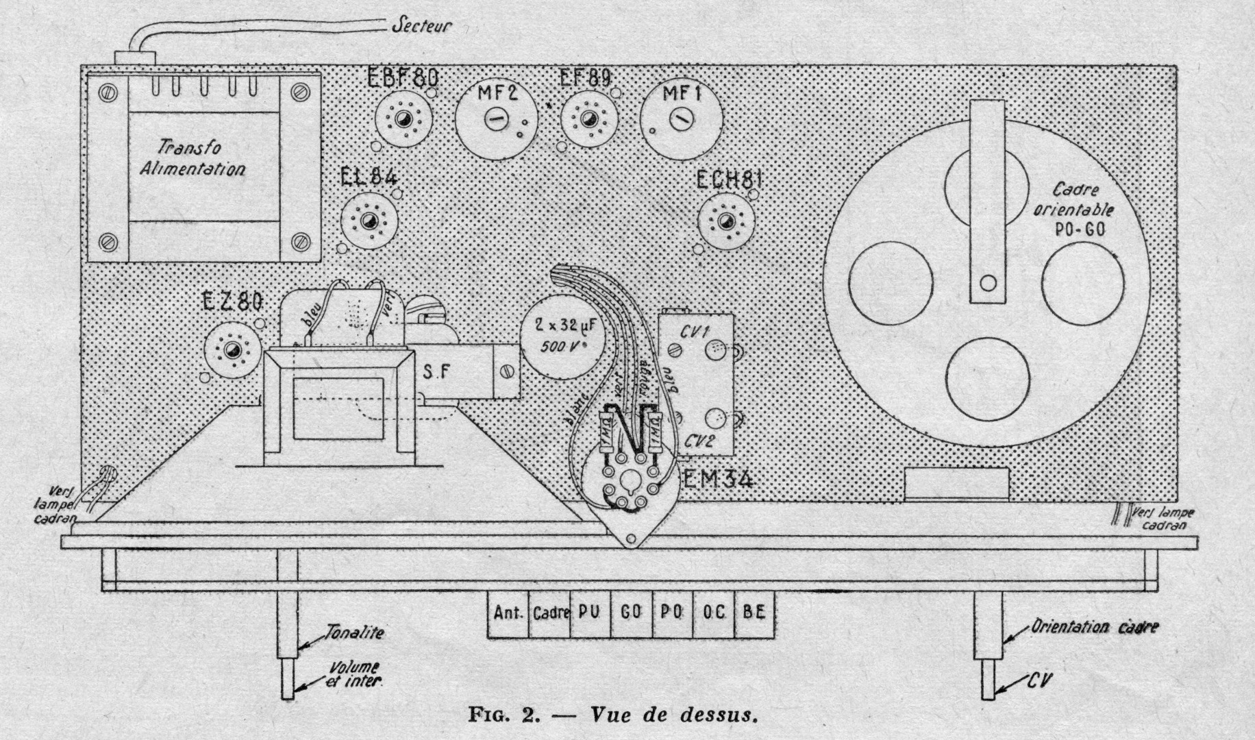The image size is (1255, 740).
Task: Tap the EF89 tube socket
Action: pyautogui.click(x=588, y=120)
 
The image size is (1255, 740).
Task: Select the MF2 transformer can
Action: pyautogui.click(x=495, y=119)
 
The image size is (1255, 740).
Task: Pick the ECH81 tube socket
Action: pyautogui.click(x=726, y=221)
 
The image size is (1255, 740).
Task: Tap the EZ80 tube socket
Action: pyautogui.click(x=233, y=349)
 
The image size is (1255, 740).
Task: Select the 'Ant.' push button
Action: pyautogui.click(x=508, y=613)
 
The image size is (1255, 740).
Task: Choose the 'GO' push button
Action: pyautogui.click(x=630, y=613)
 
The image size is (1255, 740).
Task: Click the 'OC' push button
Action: pyautogui.click(x=713, y=613)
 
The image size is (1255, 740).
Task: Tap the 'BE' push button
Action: pyautogui.click(x=754, y=613)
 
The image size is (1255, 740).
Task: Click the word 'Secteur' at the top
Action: pyautogui.click(x=421, y=27)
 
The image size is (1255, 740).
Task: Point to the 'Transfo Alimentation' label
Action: pyautogui.click(x=192, y=158)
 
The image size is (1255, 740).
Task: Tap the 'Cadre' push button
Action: pyautogui.click(x=550, y=613)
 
